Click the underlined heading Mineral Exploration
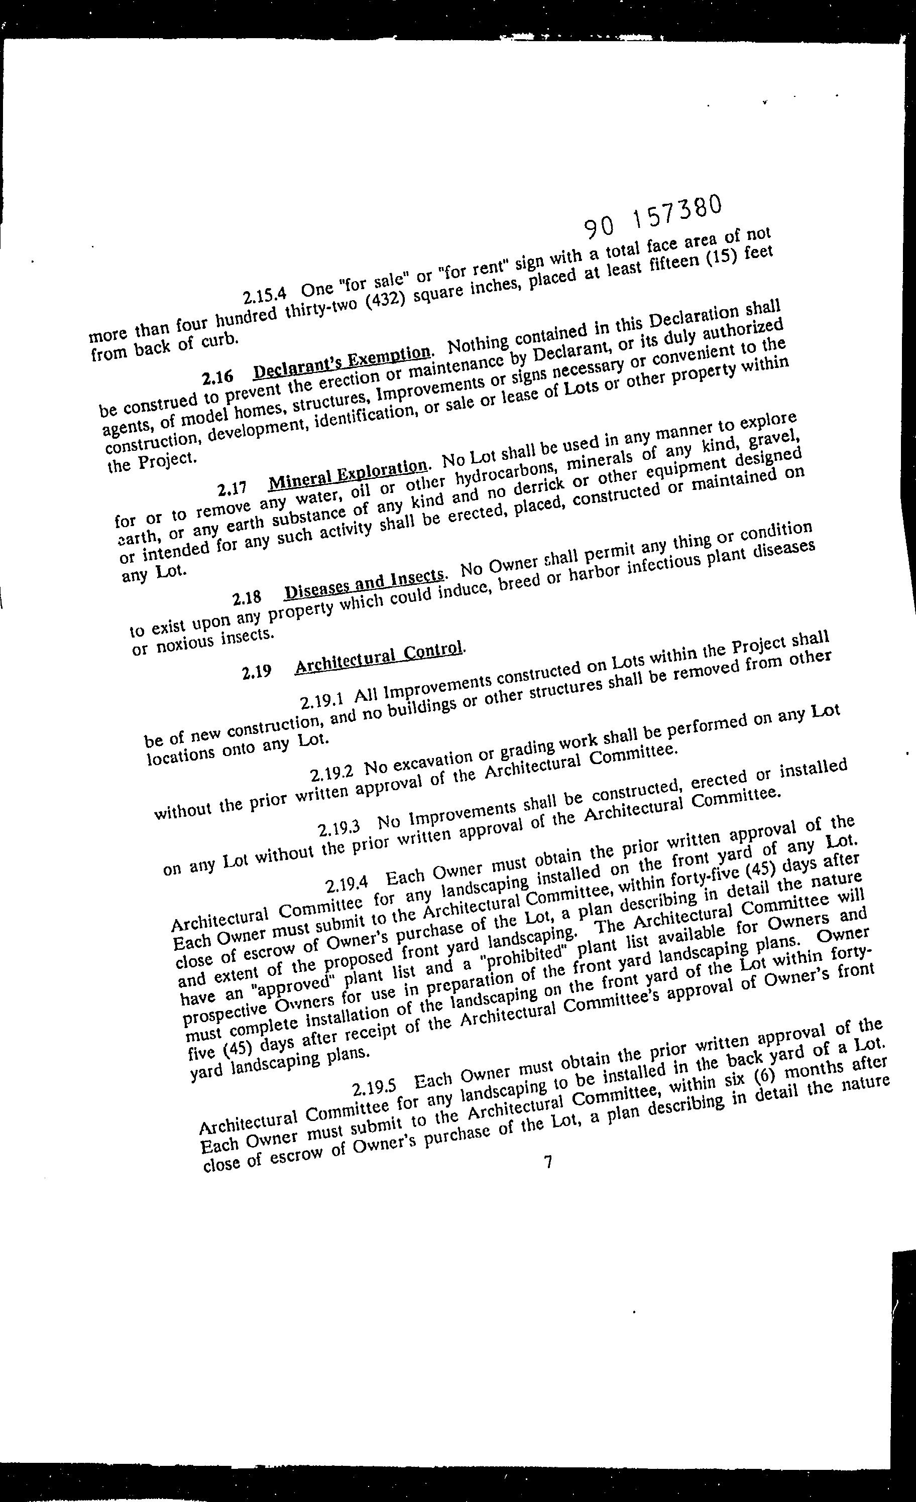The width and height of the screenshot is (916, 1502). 347,475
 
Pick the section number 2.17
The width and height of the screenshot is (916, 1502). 232,489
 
